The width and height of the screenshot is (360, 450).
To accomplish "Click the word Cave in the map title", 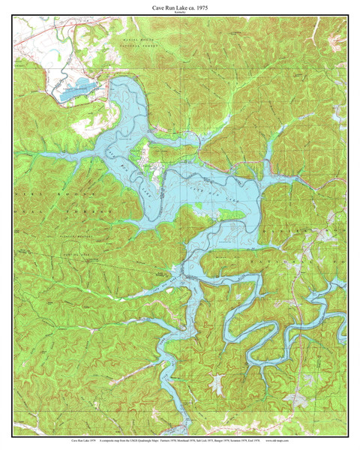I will pyautogui.click(x=150, y=7).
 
